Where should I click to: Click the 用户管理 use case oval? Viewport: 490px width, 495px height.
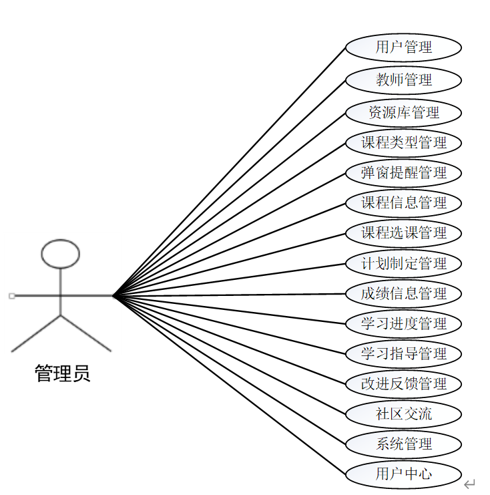[403, 47]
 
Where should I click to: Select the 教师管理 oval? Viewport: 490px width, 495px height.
[403, 80]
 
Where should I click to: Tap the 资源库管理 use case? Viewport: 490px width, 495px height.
[403, 112]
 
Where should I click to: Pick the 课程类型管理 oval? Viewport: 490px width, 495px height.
[403, 142]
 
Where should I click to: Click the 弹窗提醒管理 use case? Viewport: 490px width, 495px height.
[403, 172]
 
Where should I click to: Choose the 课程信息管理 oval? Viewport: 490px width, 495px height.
[403, 202]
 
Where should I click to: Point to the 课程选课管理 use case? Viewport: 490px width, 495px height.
[403, 233]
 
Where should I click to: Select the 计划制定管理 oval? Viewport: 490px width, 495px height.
[403, 263]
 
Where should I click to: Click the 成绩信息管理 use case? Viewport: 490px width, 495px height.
[403, 293]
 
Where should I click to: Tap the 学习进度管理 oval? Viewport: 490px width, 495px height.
[403, 323]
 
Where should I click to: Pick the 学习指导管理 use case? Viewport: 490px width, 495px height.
[403, 353]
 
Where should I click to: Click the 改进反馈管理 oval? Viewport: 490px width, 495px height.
[403, 384]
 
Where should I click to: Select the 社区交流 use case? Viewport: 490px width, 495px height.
[403, 414]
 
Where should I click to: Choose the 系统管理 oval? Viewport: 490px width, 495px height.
[403, 444]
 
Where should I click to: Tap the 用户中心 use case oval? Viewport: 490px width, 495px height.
[403, 475]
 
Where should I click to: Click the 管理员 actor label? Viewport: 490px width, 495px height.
[62, 373]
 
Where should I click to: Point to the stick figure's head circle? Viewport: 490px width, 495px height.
[60, 254]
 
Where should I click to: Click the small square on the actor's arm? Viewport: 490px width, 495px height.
[11, 295]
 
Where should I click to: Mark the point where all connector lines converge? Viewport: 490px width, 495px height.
[114, 295]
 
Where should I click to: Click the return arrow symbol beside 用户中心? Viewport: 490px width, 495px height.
[469, 484]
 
